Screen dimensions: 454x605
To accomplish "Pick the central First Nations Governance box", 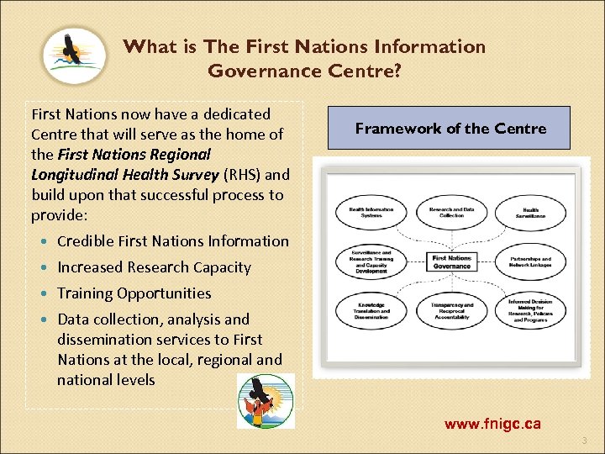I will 451,261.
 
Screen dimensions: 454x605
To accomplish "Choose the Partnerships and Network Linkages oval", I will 530,262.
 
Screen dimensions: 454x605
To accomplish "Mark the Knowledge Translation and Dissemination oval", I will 371,312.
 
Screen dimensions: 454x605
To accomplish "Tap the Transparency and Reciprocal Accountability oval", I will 451,312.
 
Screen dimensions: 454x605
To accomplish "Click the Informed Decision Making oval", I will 530,311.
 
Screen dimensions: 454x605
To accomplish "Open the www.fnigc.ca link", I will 492,424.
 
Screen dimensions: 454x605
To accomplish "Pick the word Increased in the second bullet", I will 91,267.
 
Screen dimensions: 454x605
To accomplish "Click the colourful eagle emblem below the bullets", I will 265,400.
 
